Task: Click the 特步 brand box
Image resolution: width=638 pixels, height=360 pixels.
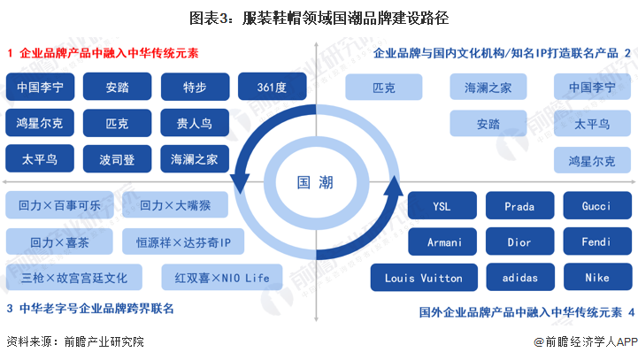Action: coord(195,88)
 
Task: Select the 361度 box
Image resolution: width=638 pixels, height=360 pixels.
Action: coord(273,88)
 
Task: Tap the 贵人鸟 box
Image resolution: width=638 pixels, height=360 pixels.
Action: coord(195,123)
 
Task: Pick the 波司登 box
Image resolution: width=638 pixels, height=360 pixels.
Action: coord(117,159)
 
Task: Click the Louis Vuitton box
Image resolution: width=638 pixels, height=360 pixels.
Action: coord(423,278)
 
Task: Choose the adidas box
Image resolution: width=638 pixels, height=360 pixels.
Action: coord(519,278)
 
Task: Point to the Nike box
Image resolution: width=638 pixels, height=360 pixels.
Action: coord(596,278)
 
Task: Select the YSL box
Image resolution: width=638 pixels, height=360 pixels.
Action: coord(442,206)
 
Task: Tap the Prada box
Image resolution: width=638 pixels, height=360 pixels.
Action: coord(519,206)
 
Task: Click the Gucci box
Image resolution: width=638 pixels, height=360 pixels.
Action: coord(596,206)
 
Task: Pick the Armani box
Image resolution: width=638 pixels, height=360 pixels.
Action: coord(442,241)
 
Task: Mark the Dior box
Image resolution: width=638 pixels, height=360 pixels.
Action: coord(519,241)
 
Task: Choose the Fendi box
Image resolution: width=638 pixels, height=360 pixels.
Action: coord(596,241)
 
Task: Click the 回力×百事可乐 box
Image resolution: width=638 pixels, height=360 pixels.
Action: coord(59,206)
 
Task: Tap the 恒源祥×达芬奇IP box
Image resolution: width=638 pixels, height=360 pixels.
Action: coord(183,241)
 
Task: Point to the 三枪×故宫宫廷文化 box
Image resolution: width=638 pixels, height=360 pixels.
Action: coord(73,278)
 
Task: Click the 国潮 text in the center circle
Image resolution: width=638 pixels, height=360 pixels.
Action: coord(316,183)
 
